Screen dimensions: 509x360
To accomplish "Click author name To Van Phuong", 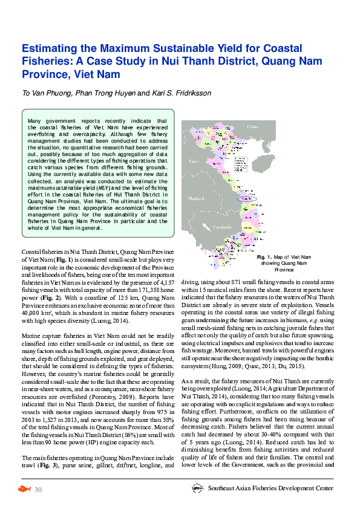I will click(47, 94).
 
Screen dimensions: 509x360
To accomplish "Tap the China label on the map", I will click(252, 127).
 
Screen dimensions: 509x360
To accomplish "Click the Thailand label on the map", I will click(196, 198).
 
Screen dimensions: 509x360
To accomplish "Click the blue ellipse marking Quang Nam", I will click(246, 198).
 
